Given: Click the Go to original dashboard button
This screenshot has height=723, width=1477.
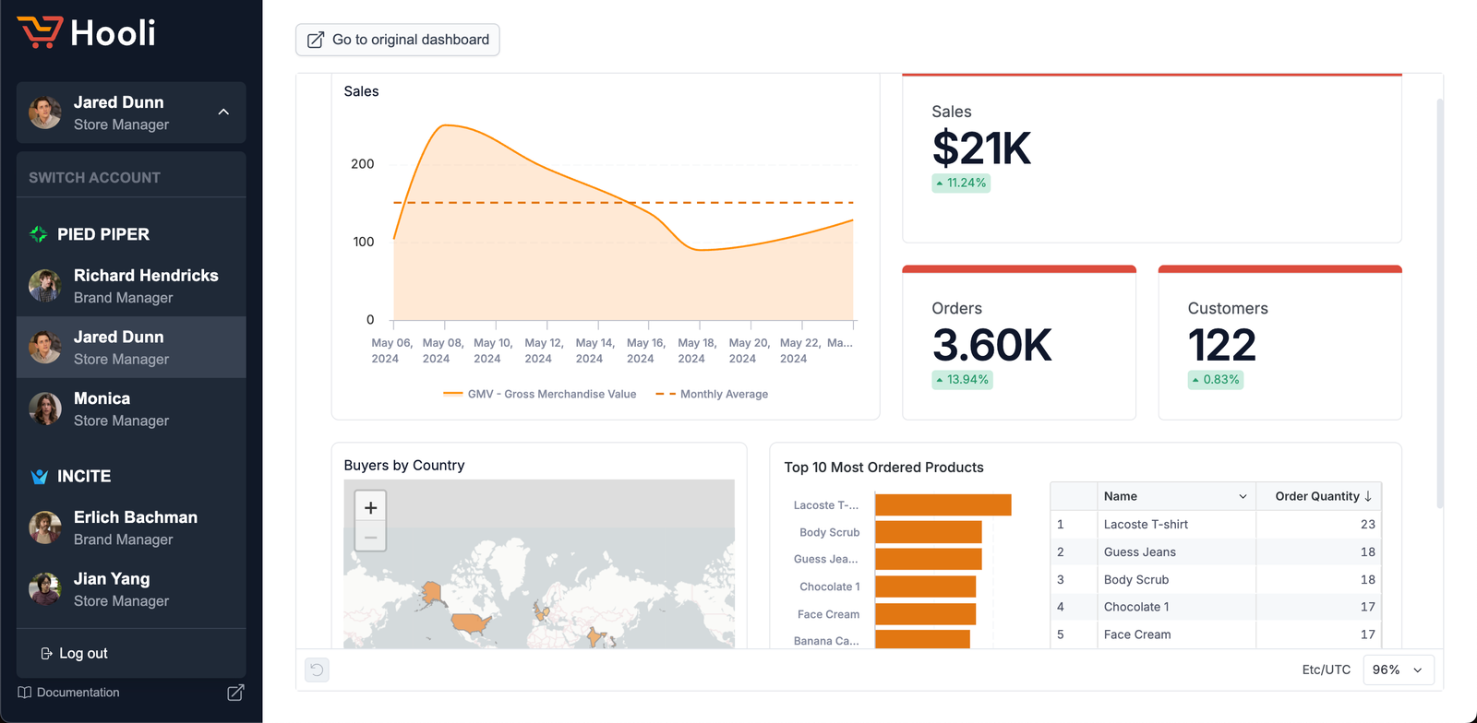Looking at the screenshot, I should point(398,40).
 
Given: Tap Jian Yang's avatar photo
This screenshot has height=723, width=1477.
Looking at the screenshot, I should point(44,588).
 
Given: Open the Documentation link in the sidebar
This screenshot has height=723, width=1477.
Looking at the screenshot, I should point(78,693).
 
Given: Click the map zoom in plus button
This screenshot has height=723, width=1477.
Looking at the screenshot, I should point(370,507).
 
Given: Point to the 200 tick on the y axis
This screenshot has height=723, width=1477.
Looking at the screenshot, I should point(363,164).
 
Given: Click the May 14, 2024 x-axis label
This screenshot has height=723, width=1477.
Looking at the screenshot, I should point(594,350).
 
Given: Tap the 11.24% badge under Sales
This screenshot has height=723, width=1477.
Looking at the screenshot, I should point(961,183).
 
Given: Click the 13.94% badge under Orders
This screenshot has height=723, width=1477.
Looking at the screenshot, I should point(962,379).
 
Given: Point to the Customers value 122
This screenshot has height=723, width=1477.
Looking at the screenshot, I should point(1221,346).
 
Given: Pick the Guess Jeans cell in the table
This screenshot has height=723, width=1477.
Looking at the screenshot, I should point(1140,551).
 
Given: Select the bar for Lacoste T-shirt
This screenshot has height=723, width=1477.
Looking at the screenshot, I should point(943,504).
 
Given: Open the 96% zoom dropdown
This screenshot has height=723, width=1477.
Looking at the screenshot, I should point(1398,670).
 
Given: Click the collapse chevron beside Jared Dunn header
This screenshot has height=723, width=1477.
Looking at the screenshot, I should point(223,112).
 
